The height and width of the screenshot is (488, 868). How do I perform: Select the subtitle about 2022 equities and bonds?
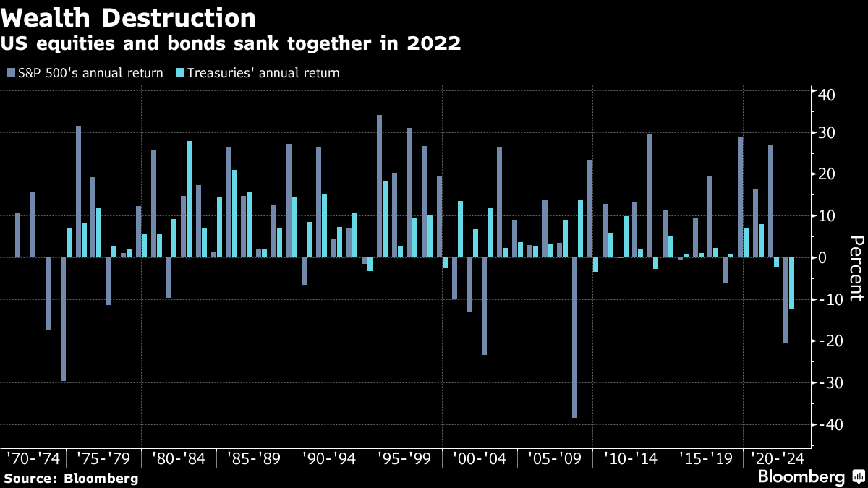click(232, 44)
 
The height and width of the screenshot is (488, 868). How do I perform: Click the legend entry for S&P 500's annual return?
click(85, 73)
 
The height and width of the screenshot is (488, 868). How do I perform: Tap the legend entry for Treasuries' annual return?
click(258, 73)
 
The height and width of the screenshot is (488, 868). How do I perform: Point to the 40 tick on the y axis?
click(827, 95)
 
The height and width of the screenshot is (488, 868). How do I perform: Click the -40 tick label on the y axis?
click(824, 424)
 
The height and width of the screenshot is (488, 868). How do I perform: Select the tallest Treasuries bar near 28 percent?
click(190, 200)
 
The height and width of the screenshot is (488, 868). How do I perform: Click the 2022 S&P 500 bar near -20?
click(786, 300)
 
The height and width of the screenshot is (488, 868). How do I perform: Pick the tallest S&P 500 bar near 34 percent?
click(379, 187)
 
